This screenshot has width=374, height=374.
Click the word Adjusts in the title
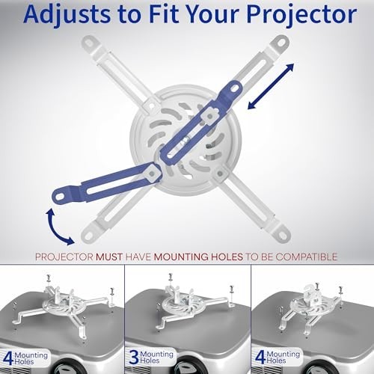tap(67, 14)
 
